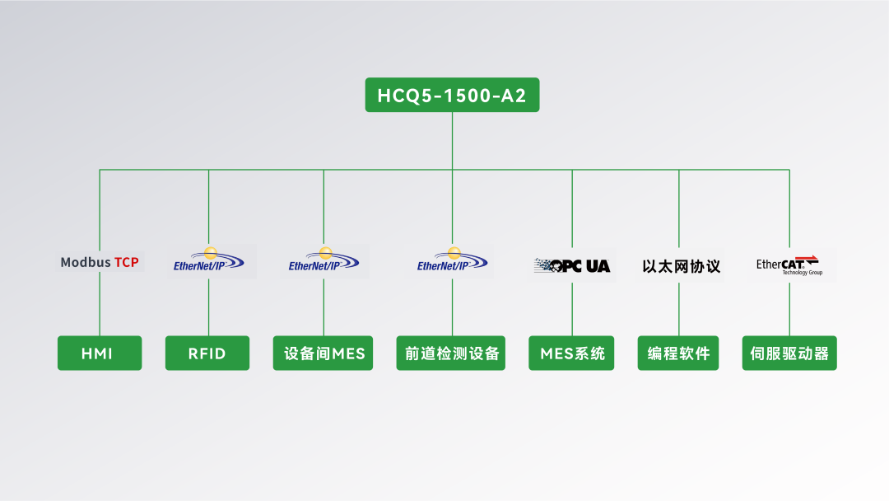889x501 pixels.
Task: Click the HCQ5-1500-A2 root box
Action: [x=452, y=96]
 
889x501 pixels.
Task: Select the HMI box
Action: [x=99, y=354]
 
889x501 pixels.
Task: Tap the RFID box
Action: [x=207, y=354]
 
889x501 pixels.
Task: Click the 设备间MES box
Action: [x=323, y=354]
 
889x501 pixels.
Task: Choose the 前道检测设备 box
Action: [x=451, y=354]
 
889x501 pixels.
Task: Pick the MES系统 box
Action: [x=572, y=354]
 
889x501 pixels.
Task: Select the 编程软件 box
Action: [x=679, y=354]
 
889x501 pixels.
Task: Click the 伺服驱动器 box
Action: [x=789, y=354]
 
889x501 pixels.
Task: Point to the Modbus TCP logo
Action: [x=100, y=263]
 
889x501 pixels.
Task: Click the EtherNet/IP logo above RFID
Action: [x=209, y=262]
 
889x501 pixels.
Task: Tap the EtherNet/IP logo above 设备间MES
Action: [x=323, y=262]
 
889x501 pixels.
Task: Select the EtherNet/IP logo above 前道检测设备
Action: [x=452, y=262]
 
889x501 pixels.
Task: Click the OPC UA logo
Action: [x=572, y=265]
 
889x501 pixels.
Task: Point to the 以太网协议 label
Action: [x=681, y=266]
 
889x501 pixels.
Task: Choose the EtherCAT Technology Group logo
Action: [x=789, y=265]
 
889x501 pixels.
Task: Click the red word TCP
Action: [x=126, y=263]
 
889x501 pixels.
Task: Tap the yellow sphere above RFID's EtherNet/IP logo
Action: [x=211, y=253]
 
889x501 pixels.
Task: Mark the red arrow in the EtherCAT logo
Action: [x=811, y=260]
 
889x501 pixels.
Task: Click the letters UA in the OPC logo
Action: [x=598, y=266]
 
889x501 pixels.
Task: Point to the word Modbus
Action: [x=86, y=263]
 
